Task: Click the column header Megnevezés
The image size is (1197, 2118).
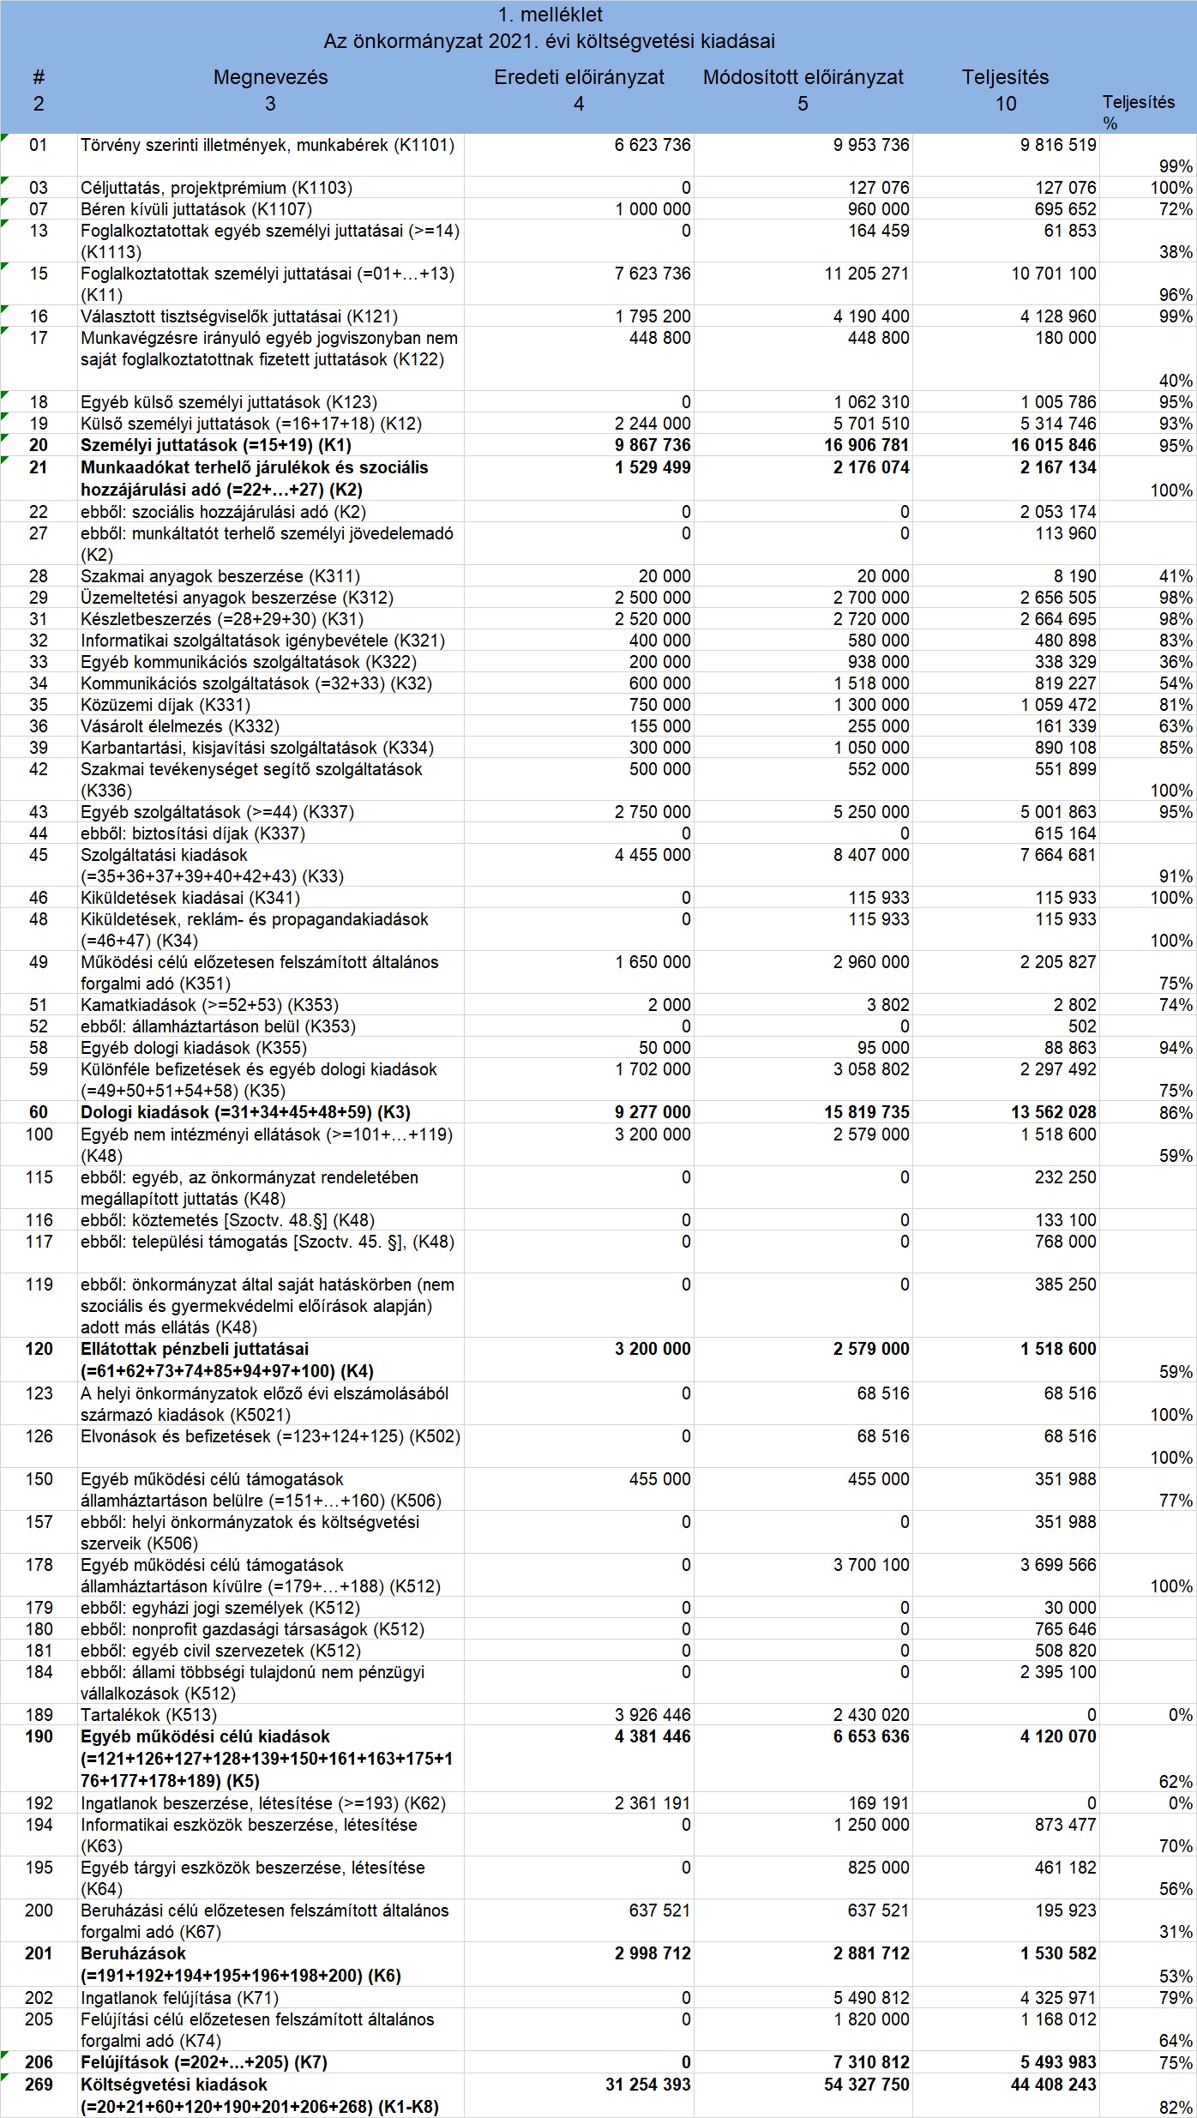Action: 270,77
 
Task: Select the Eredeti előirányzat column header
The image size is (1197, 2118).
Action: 579,77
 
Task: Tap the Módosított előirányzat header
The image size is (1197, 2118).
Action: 803,77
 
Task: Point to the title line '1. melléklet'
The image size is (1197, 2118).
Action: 550,15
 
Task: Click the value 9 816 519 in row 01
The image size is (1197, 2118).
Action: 1058,145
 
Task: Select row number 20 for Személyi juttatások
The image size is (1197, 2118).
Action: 39,445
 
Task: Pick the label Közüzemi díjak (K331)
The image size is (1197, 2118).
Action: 165,705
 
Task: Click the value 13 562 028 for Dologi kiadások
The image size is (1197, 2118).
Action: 1053,1112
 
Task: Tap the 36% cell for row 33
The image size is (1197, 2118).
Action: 1176,662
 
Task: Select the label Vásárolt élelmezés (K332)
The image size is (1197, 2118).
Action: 180,726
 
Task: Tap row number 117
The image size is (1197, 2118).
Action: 39,1242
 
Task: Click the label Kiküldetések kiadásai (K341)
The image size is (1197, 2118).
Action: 190,898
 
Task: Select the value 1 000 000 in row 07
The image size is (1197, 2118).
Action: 653,209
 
